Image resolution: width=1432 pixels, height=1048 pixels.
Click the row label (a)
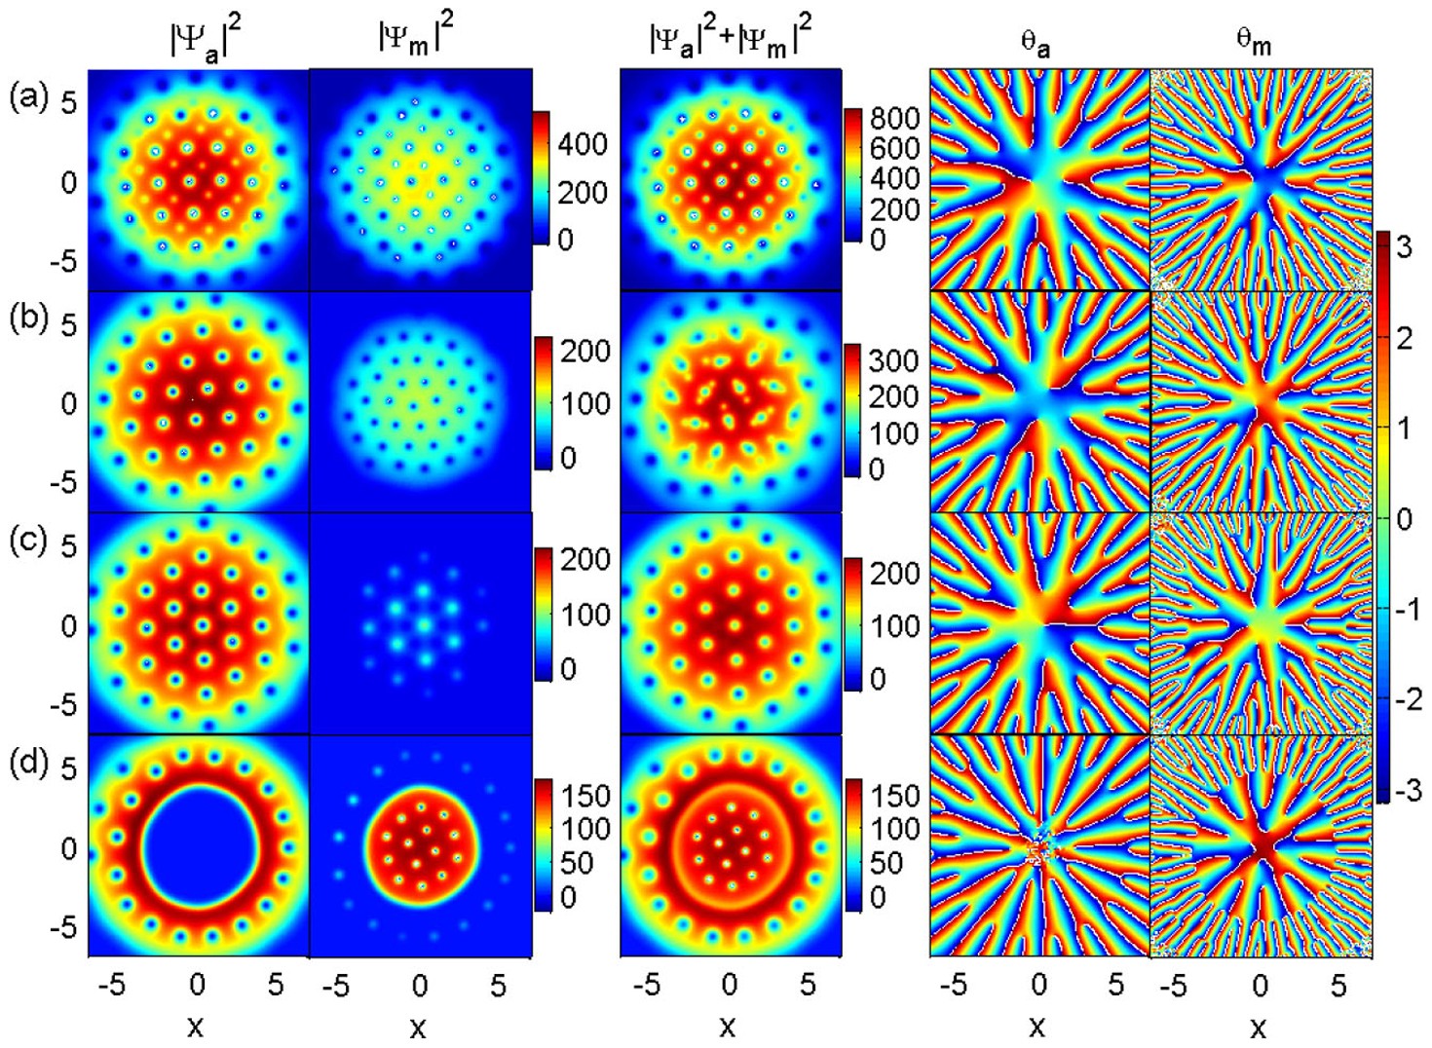[x=27, y=96]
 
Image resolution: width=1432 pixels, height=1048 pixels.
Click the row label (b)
[x=27, y=318]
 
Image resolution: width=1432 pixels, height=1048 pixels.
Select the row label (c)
[x=27, y=539]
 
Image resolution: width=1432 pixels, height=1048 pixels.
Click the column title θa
[x=1035, y=43]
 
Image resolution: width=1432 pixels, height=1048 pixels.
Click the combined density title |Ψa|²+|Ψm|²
[x=730, y=39]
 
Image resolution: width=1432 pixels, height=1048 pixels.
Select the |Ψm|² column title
[x=416, y=39]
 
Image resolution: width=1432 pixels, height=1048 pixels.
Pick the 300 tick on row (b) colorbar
[x=893, y=361]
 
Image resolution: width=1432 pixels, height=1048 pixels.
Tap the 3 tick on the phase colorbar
[x=1404, y=247]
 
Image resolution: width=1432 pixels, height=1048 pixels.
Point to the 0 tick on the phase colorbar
[x=1404, y=518]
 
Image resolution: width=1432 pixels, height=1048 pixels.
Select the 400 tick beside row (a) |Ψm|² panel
[x=583, y=144]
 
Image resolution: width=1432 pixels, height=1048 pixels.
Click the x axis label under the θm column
[x=1258, y=1027]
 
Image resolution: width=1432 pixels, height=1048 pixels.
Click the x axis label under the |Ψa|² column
[x=196, y=1027]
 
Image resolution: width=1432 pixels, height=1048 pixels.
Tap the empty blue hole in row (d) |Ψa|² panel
[x=199, y=847]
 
